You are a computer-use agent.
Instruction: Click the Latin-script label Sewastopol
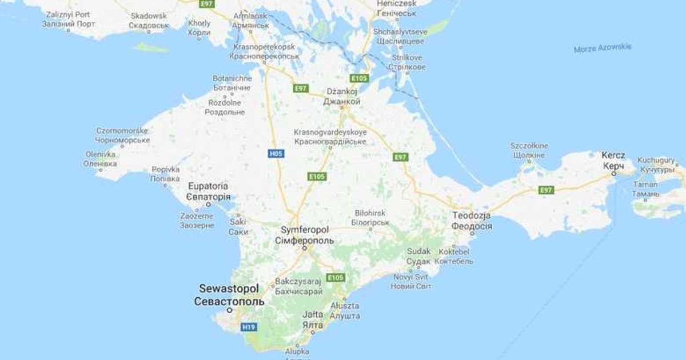(229, 289)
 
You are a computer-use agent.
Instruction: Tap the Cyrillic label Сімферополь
(305, 241)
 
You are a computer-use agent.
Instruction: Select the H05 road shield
(276, 154)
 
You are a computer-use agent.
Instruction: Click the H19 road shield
(249, 327)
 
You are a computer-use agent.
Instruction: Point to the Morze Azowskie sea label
(603, 48)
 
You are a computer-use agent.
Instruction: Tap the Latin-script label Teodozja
(472, 215)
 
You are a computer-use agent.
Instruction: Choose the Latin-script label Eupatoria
(209, 186)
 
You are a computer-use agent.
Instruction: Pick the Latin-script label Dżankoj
(342, 91)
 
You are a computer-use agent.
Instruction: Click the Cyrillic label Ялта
(313, 325)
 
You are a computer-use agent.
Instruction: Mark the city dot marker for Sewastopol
(230, 310)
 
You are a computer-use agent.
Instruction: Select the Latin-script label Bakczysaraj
(298, 282)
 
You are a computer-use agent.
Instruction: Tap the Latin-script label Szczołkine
(529, 146)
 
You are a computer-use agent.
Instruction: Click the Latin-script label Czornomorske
(122, 131)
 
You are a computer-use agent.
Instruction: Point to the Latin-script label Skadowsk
(149, 16)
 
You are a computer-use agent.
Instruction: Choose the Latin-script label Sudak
(418, 251)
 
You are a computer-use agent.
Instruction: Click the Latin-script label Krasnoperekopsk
(264, 47)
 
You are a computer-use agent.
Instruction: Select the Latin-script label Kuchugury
(656, 160)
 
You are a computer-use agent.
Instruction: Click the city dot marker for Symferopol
(305, 249)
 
